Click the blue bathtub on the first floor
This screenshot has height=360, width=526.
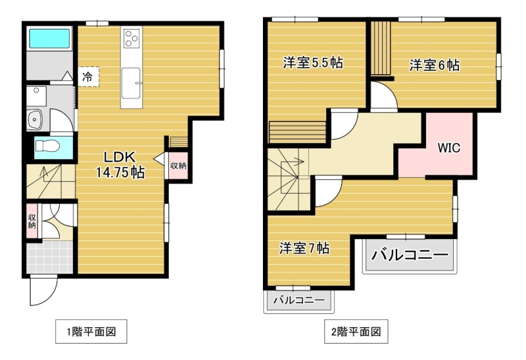(x=50, y=39)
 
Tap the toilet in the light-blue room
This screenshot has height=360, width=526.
(x=47, y=146)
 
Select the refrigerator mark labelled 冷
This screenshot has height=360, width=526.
(x=88, y=77)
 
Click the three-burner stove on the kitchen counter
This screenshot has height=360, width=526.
(x=131, y=38)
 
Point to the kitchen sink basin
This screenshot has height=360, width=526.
(x=131, y=83)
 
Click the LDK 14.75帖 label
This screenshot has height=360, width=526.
(x=120, y=165)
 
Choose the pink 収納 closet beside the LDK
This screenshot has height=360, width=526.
(x=178, y=166)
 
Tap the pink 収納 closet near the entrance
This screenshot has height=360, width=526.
(x=32, y=221)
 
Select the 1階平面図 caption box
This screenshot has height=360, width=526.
(x=91, y=332)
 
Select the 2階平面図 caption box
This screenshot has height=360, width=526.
(x=356, y=332)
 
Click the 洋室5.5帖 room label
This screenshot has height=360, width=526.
(x=313, y=62)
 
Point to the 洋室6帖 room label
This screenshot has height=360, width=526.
(x=435, y=65)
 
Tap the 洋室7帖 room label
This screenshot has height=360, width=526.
(x=304, y=248)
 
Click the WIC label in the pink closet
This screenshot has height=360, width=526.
(x=449, y=148)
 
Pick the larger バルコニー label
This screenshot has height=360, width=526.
(x=410, y=255)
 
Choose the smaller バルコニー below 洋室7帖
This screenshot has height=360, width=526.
(x=299, y=300)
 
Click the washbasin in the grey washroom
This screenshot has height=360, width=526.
(x=34, y=119)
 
